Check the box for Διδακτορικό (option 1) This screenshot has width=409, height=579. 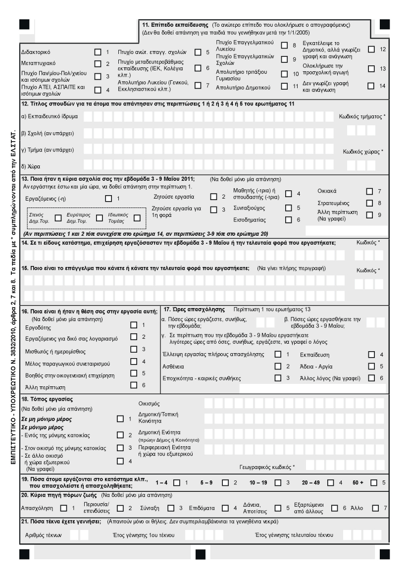pos(98,52)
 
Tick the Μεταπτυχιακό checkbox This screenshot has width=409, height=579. pos(98,64)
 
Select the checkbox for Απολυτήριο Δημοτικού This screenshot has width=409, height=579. pos(284,86)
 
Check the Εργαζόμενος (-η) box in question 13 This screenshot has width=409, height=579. pos(108,198)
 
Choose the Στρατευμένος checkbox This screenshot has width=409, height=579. pos(369,203)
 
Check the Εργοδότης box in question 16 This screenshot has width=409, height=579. pos(133,325)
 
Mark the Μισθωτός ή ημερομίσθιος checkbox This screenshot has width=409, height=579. pos(133,350)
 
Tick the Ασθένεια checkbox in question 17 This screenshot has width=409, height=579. pos(277,366)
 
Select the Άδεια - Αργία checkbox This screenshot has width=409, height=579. pos(371,366)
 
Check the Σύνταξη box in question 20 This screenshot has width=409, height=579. pos(170,507)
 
